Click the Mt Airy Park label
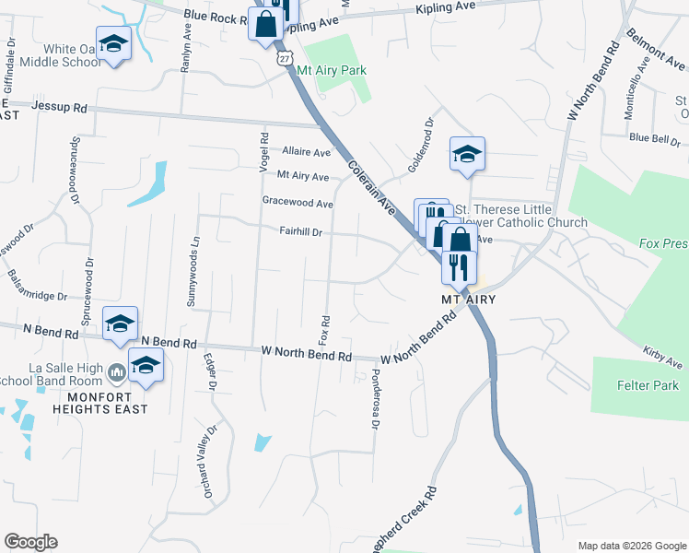336,70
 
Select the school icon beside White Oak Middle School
113,44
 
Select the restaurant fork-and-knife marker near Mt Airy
458,266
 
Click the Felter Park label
648,385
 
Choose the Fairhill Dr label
300,232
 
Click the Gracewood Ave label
298,203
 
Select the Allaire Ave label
306,151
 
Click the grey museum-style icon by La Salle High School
116,373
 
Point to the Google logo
30,542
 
